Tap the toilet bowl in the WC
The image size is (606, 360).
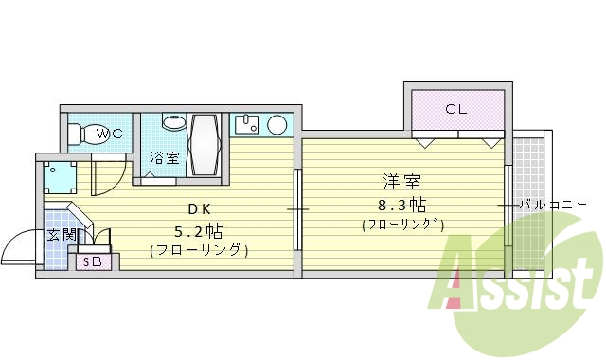(x=85, y=134)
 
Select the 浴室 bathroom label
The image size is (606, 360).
(x=165, y=158)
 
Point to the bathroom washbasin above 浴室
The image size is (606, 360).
(x=174, y=122)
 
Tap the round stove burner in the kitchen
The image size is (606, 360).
(x=277, y=125)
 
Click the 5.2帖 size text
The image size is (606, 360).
(x=198, y=230)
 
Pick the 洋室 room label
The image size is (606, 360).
(x=401, y=181)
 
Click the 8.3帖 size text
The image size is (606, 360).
(x=402, y=204)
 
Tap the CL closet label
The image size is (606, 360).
(x=458, y=108)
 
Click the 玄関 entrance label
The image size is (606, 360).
(x=62, y=234)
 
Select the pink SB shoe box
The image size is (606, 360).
(x=93, y=261)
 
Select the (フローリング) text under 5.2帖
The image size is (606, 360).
(x=199, y=251)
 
